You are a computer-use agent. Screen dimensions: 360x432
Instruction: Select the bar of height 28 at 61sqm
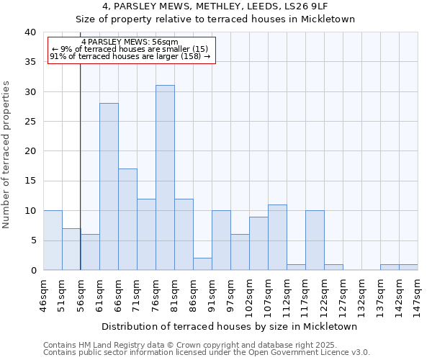pos(109,186)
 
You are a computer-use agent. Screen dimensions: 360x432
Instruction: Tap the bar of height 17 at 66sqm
pos(127,219)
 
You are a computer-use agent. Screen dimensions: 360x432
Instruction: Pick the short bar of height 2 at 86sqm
pos(202,264)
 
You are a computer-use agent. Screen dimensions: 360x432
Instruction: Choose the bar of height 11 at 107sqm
pos(277,237)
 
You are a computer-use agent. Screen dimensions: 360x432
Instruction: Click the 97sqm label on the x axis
pos(231,291)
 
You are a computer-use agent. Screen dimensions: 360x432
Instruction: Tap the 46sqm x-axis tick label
pos(44,291)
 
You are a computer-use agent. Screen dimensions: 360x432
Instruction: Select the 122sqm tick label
pos(325,292)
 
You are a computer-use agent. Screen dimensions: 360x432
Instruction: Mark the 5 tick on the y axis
pos(32,240)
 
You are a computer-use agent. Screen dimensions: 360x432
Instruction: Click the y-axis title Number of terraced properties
pos(6,154)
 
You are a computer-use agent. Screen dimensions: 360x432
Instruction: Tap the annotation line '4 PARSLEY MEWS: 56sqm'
pos(130,42)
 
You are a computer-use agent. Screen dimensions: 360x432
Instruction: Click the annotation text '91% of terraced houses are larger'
pos(130,56)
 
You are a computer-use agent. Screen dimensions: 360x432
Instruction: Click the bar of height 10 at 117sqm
pos(315,240)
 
